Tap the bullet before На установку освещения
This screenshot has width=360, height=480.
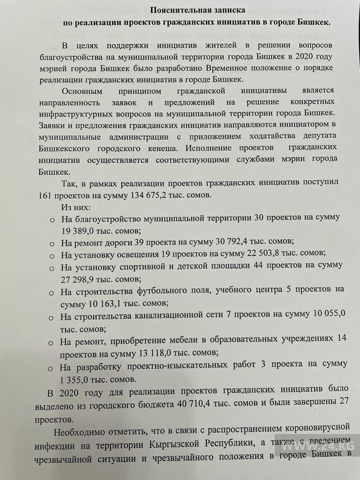pyautogui.click(x=52, y=255)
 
